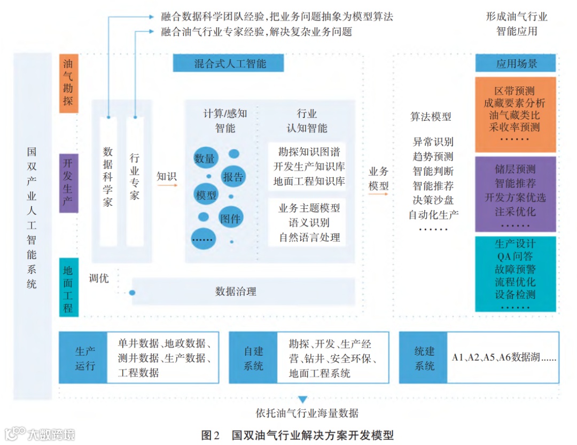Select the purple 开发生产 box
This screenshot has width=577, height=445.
pyautogui.click(x=69, y=183)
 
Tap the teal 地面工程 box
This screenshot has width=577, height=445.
pyautogui.click(x=69, y=287)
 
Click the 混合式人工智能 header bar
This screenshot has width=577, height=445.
pyautogui.click(x=228, y=64)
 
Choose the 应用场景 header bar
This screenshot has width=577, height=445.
pyautogui.click(x=516, y=64)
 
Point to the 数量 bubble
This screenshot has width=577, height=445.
pyautogui.click(x=205, y=159)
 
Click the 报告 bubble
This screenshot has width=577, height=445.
pyautogui.click(x=233, y=177)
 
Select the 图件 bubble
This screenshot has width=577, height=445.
pyautogui.click(x=231, y=217)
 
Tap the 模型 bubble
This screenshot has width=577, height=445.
pyautogui.click(x=206, y=194)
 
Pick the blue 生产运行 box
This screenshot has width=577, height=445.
pyautogui.click(x=84, y=358)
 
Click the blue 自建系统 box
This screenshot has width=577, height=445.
pyautogui.click(x=253, y=358)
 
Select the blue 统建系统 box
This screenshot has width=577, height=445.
pyautogui.click(x=424, y=358)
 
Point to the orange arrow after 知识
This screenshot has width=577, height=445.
pyautogui.click(x=167, y=186)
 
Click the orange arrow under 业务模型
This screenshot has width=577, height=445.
pyautogui.click(x=379, y=195)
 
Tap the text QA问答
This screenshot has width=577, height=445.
pyautogui.click(x=515, y=256)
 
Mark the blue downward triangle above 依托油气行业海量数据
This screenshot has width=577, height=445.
pyautogui.click(x=303, y=399)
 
